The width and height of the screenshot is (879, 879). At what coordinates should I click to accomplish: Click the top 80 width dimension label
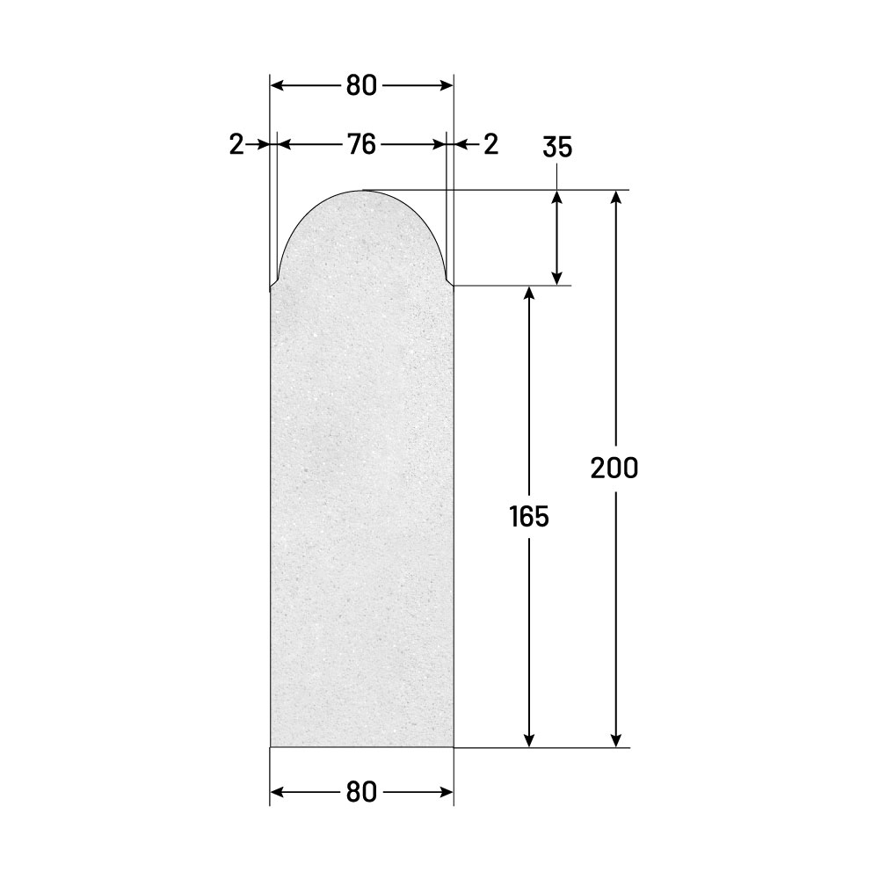[x=361, y=86]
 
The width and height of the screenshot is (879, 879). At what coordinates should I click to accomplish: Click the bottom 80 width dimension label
[x=361, y=792]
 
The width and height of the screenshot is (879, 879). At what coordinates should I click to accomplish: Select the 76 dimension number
[x=361, y=145]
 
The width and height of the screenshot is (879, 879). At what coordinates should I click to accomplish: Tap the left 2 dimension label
[x=236, y=145]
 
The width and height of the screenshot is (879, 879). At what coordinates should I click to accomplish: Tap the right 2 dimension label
[x=490, y=145]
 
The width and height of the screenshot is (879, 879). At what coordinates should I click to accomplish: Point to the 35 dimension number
[x=557, y=147]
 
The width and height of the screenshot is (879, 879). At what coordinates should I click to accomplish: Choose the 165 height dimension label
[x=529, y=516]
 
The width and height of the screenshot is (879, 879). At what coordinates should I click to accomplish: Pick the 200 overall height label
[x=614, y=469]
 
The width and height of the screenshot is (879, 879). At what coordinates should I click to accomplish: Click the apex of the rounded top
[x=361, y=191]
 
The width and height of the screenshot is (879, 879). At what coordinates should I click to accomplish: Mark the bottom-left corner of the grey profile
[x=270, y=747]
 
